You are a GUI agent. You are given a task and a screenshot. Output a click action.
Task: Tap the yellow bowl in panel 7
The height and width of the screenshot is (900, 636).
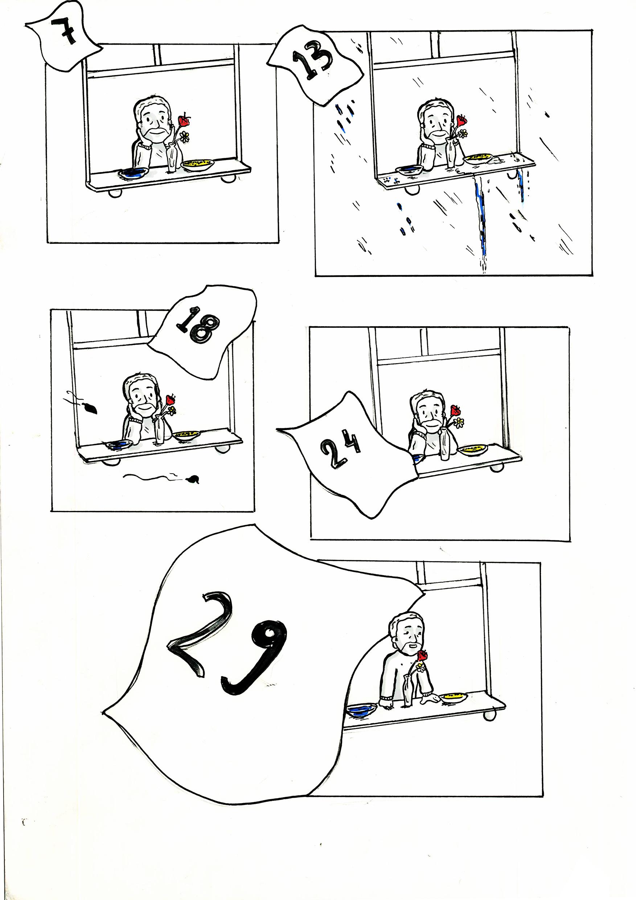pos(197,163)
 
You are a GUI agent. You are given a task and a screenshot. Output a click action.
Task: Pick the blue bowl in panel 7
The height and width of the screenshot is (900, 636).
pos(133,173)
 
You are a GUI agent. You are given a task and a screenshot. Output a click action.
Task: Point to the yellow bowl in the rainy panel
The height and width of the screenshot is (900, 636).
pos(478,158)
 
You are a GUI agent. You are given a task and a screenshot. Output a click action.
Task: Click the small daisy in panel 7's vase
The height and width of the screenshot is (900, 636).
pos(185,137)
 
